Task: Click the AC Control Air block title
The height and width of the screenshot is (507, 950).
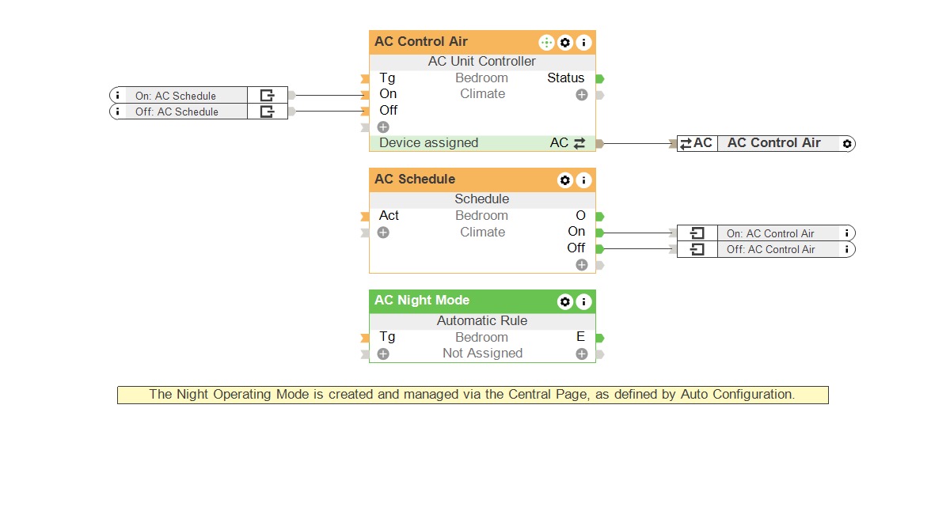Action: click(x=421, y=42)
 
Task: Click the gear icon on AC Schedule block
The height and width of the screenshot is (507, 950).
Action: click(x=564, y=180)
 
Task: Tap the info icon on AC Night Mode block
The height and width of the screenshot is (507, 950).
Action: click(x=583, y=301)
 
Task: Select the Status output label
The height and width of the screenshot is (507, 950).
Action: click(x=565, y=78)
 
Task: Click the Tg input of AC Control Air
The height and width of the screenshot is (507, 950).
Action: click(x=387, y=78)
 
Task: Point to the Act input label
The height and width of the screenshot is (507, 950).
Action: click(x=389, y=216)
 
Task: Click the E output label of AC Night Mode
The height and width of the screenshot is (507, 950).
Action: click(x=580, y=337)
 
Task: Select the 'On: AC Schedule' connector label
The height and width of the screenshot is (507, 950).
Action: click(x=175, y=96)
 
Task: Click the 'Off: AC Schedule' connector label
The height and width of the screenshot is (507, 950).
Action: click(x=177, y=112)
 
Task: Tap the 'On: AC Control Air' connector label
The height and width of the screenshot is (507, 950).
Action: click(x=769, y=233)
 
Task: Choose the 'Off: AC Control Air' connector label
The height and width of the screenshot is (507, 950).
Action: click(x=769, y=249)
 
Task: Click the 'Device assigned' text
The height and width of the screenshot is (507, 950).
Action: click(x=428, y=143)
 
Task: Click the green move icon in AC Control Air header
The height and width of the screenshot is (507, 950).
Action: click(x=546, y=43)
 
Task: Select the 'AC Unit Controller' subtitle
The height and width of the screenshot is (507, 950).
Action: click(x=481, y=62)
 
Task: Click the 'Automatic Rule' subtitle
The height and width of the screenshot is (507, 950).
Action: click(x=481, y=321)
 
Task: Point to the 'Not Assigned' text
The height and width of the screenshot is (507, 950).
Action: click(x=482, y=354)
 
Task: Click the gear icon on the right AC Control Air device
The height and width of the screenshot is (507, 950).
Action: click(x=847, y=144)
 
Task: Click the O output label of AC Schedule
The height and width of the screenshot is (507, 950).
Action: click(x=580, y=216)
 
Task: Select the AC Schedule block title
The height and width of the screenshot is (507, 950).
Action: click(x=415, y=180)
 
